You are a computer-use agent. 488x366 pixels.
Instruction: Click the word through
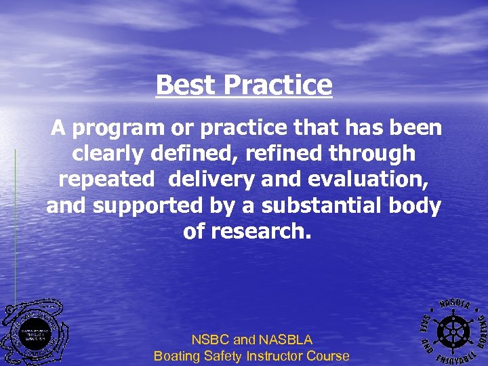click(x=372, y=154)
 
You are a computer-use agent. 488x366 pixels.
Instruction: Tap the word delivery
click(x=210, y=180)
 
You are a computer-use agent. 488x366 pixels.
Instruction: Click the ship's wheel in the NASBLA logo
click(x=451, y=330)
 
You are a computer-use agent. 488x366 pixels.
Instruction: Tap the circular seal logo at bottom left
click(x=34, y=333)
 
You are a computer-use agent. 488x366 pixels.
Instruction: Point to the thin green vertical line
click(x=15, y=224)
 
